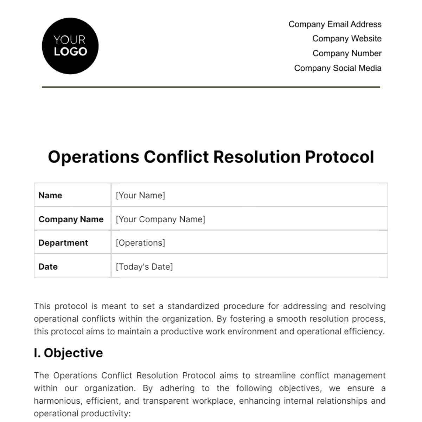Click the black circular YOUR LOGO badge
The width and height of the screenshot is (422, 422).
(70, 46)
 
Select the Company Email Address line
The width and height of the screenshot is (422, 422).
(335, 24)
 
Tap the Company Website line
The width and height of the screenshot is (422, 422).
(347, 39)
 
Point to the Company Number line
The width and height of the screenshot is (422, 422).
(347, 53)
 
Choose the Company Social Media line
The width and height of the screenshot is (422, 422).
(338, 68)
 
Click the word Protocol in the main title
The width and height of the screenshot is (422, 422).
(339, 157)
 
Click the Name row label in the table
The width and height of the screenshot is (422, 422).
(50, 196)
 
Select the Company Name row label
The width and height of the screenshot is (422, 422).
(71, 219)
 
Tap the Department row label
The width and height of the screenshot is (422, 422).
(63, 243)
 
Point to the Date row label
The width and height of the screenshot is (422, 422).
(48, 267)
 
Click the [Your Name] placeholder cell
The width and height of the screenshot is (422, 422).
(140, 196)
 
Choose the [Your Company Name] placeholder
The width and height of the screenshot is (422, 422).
(160, 219)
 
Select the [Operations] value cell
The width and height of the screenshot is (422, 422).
(140, 243)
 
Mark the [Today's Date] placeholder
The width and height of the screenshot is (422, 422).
(144, 267)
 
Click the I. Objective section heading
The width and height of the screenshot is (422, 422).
(69, 353)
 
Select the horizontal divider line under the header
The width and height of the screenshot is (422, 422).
(211, 87)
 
